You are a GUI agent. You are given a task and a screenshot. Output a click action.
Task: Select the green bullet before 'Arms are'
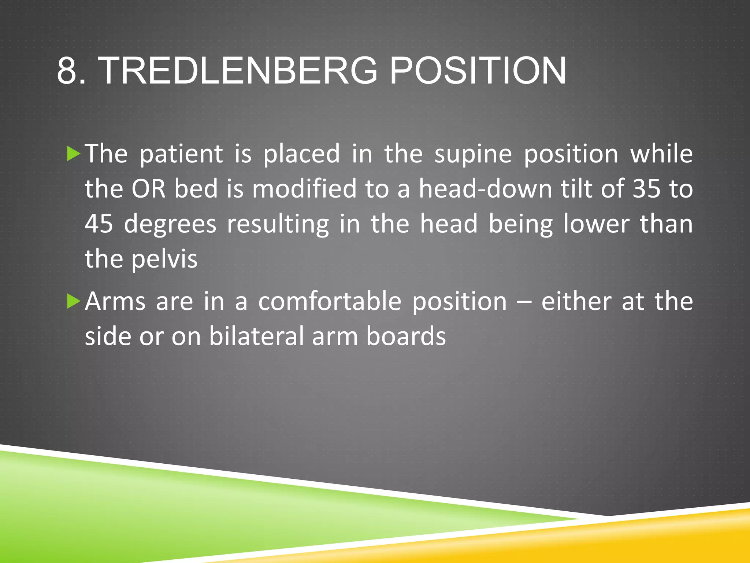74,302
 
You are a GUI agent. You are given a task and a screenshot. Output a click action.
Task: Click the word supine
473,154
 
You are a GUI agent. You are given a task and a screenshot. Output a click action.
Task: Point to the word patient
181,154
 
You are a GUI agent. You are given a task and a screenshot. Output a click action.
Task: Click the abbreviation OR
148,189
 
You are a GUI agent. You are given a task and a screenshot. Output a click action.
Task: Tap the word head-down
485,189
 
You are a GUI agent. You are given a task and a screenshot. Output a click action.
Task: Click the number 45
99,224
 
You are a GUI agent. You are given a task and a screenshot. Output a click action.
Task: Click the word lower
596,224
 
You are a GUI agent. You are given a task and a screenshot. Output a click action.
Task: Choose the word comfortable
330,302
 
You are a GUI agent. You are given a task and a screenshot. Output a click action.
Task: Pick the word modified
304,189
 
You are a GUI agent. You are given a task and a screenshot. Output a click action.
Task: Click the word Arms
115,302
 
